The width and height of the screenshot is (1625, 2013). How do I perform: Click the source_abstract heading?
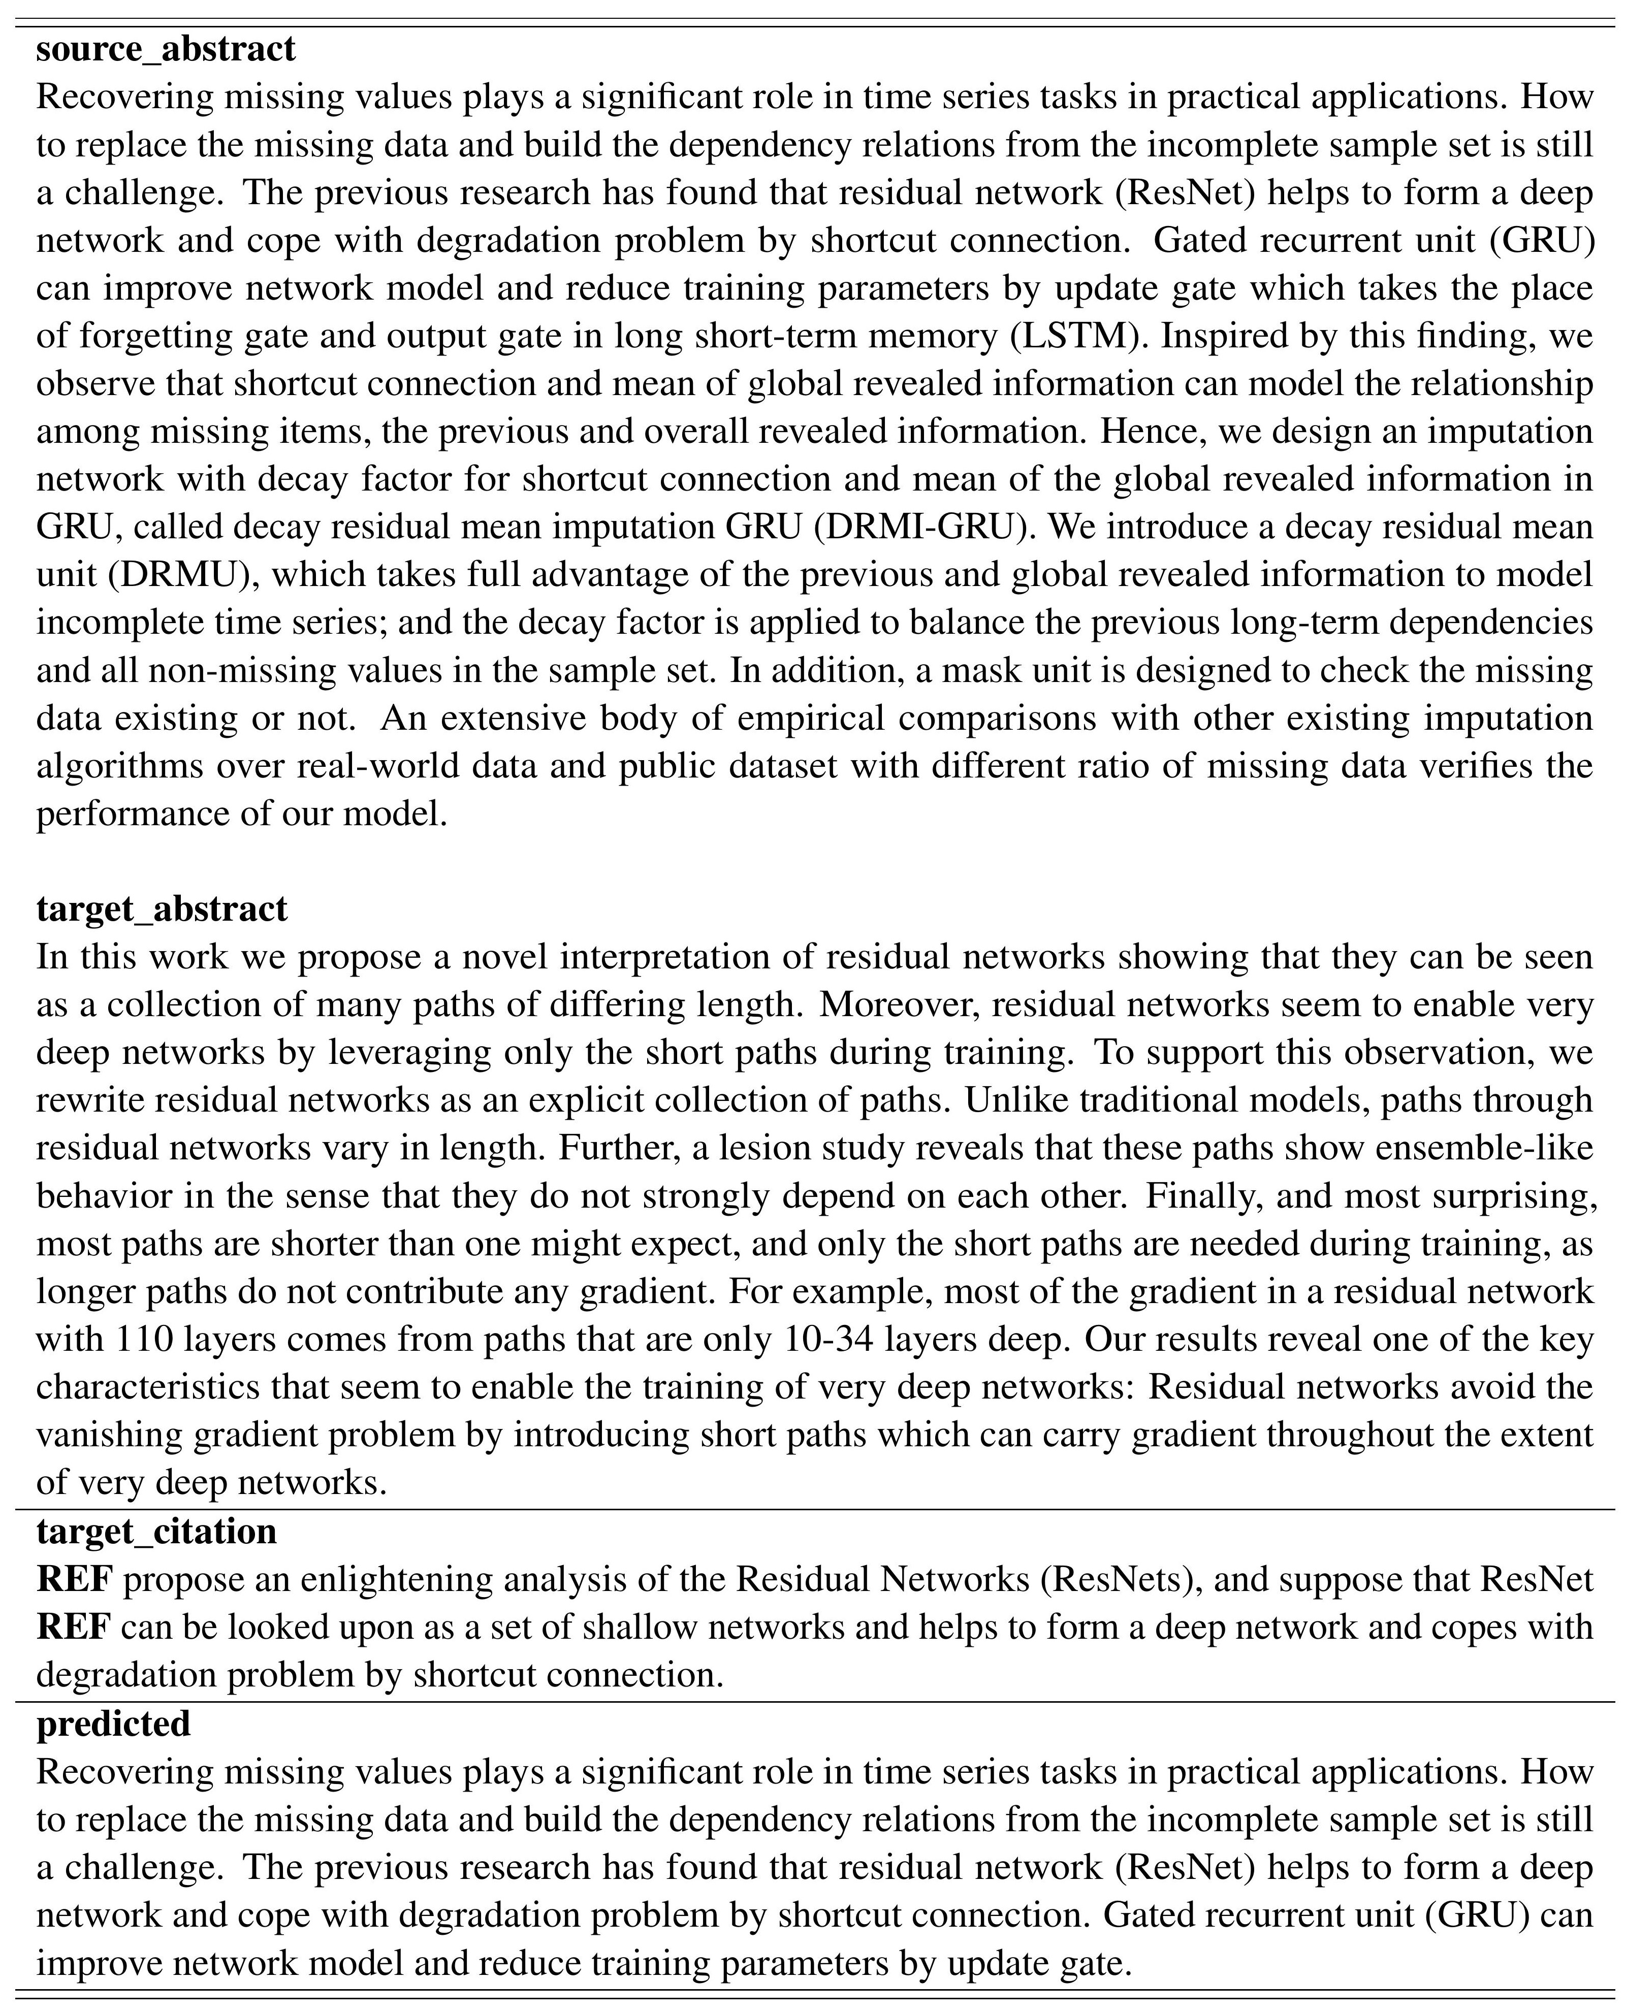click(166, 49)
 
